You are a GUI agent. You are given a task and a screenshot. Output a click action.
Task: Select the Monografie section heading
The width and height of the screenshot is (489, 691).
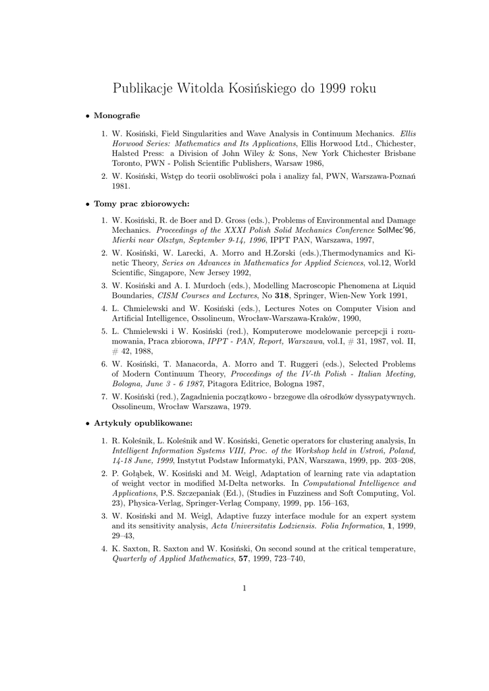[x=116, y=116]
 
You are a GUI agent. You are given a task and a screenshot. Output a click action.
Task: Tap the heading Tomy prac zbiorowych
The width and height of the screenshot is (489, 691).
[x=141, y=203]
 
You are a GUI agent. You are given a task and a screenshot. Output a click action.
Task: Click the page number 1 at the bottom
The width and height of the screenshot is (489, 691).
[x=244, y=588]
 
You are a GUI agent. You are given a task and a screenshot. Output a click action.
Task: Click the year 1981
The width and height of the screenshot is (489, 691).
[x=120, y=186]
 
